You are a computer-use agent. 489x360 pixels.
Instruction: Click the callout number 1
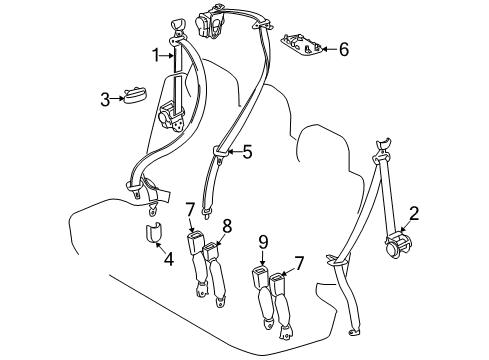tap(155, 54)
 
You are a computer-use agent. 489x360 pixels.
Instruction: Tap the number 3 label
tap(103, 98)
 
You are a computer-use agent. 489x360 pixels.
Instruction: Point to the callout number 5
tap(247, 153)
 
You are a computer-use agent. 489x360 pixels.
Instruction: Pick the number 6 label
tap(343, 48)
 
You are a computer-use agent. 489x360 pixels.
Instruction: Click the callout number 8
tap(227, 226)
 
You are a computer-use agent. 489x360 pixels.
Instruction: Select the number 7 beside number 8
tap(189, 208)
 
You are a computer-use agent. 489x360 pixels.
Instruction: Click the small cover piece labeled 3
tap(134, 97)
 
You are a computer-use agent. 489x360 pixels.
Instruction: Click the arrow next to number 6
tap(327, 48)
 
